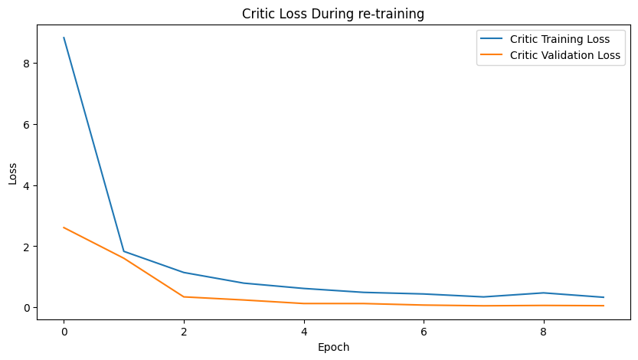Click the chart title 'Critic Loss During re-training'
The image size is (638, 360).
click(332, 14)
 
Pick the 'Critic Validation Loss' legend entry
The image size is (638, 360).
click(565, 56)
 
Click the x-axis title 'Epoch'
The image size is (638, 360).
click(332, 347)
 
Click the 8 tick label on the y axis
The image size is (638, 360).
click(25, 63)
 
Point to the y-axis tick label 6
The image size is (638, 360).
click(25, 124)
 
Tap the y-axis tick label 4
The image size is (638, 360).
click(25, 185)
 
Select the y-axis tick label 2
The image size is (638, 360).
click(25, 247)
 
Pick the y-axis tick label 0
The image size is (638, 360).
click(25, 308)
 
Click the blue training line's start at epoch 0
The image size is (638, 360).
click(64, 38)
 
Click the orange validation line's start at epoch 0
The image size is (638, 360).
click(64, 227)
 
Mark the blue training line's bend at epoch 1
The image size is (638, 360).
click(123, 251)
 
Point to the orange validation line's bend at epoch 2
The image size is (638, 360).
click(184, 297)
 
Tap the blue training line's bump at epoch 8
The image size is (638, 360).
click(544, 293)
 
